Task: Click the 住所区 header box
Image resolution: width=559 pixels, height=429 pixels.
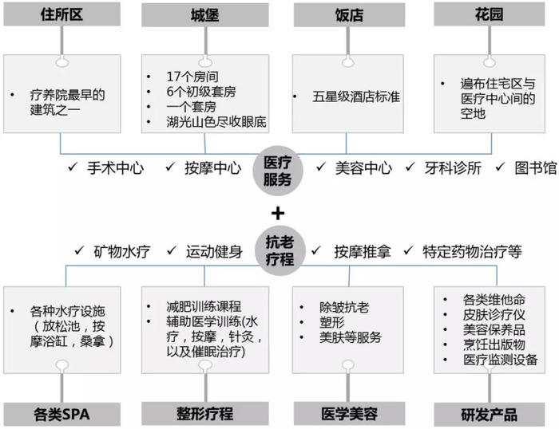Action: coord(62,14)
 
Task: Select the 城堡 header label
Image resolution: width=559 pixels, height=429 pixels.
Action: coord(205,15)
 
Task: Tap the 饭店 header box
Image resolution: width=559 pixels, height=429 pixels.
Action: coord(350,15)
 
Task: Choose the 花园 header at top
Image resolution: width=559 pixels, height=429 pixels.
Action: coord(490,14)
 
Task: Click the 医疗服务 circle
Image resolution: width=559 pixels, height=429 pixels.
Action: coord(278,171)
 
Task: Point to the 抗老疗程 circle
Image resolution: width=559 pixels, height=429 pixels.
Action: coord(279,250)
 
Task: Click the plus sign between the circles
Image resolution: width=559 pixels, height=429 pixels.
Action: coord(278,214)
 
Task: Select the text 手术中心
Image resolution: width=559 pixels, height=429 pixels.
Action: coord(116,168)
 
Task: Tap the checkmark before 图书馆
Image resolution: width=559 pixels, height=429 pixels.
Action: coord(500,167)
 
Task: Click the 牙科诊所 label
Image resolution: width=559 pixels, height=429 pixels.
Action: coord(453,168)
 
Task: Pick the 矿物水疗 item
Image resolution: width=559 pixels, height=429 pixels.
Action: coord(122,252)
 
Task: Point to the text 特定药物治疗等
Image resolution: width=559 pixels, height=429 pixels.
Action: coord(473,252)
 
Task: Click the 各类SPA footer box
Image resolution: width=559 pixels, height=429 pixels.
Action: coord(62,415)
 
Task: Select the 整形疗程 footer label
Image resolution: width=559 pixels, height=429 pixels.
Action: coord(205,414)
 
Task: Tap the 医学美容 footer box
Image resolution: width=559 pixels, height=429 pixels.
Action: coord(350,414)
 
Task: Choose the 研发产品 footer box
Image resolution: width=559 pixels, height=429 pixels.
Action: coord(490,415)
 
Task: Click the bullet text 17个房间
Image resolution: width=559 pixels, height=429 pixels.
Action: coord(192,77)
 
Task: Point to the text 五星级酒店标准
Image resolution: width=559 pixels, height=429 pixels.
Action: coord(356,96)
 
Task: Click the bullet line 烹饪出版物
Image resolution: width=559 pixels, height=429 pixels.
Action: coord(494,344)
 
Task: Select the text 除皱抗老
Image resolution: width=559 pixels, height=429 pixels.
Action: coord(344,308)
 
